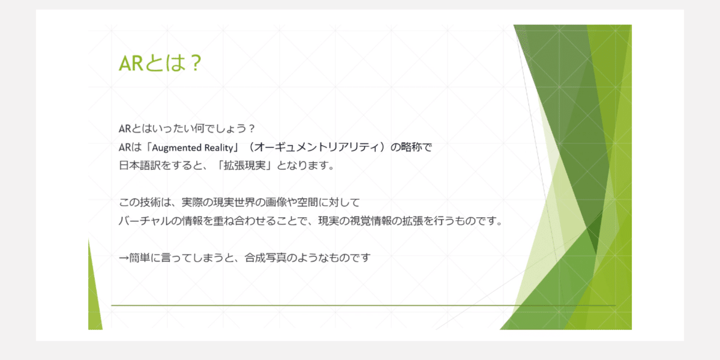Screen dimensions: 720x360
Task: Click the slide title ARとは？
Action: (160, 63)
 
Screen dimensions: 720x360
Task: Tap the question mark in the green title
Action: (195, 63)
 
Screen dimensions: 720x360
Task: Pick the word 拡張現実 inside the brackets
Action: (245, 166)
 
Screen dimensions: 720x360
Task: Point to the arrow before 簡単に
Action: (124, 258)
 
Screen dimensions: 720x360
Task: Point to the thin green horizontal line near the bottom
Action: (363, 305)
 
